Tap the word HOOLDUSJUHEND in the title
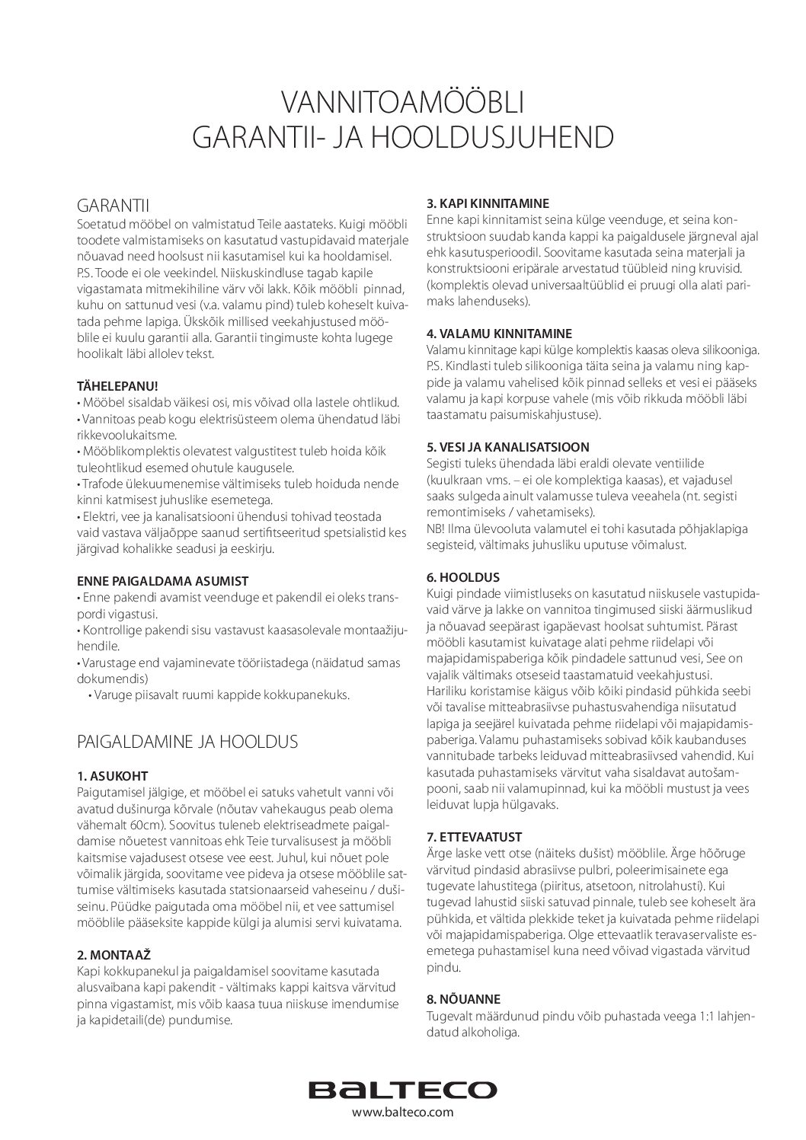[x=491, y=136]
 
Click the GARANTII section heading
[x=114, y=206]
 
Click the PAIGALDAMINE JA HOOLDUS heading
[x=187, y=741]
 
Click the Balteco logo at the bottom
[x=402, y=1090]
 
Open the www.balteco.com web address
[x=402, y=1113]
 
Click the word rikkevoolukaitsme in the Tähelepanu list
[x=126, y=435]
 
